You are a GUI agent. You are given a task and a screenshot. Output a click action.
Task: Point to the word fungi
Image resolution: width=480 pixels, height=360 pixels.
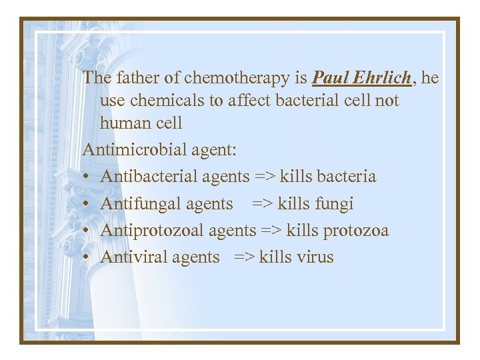tap(335, 204)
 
